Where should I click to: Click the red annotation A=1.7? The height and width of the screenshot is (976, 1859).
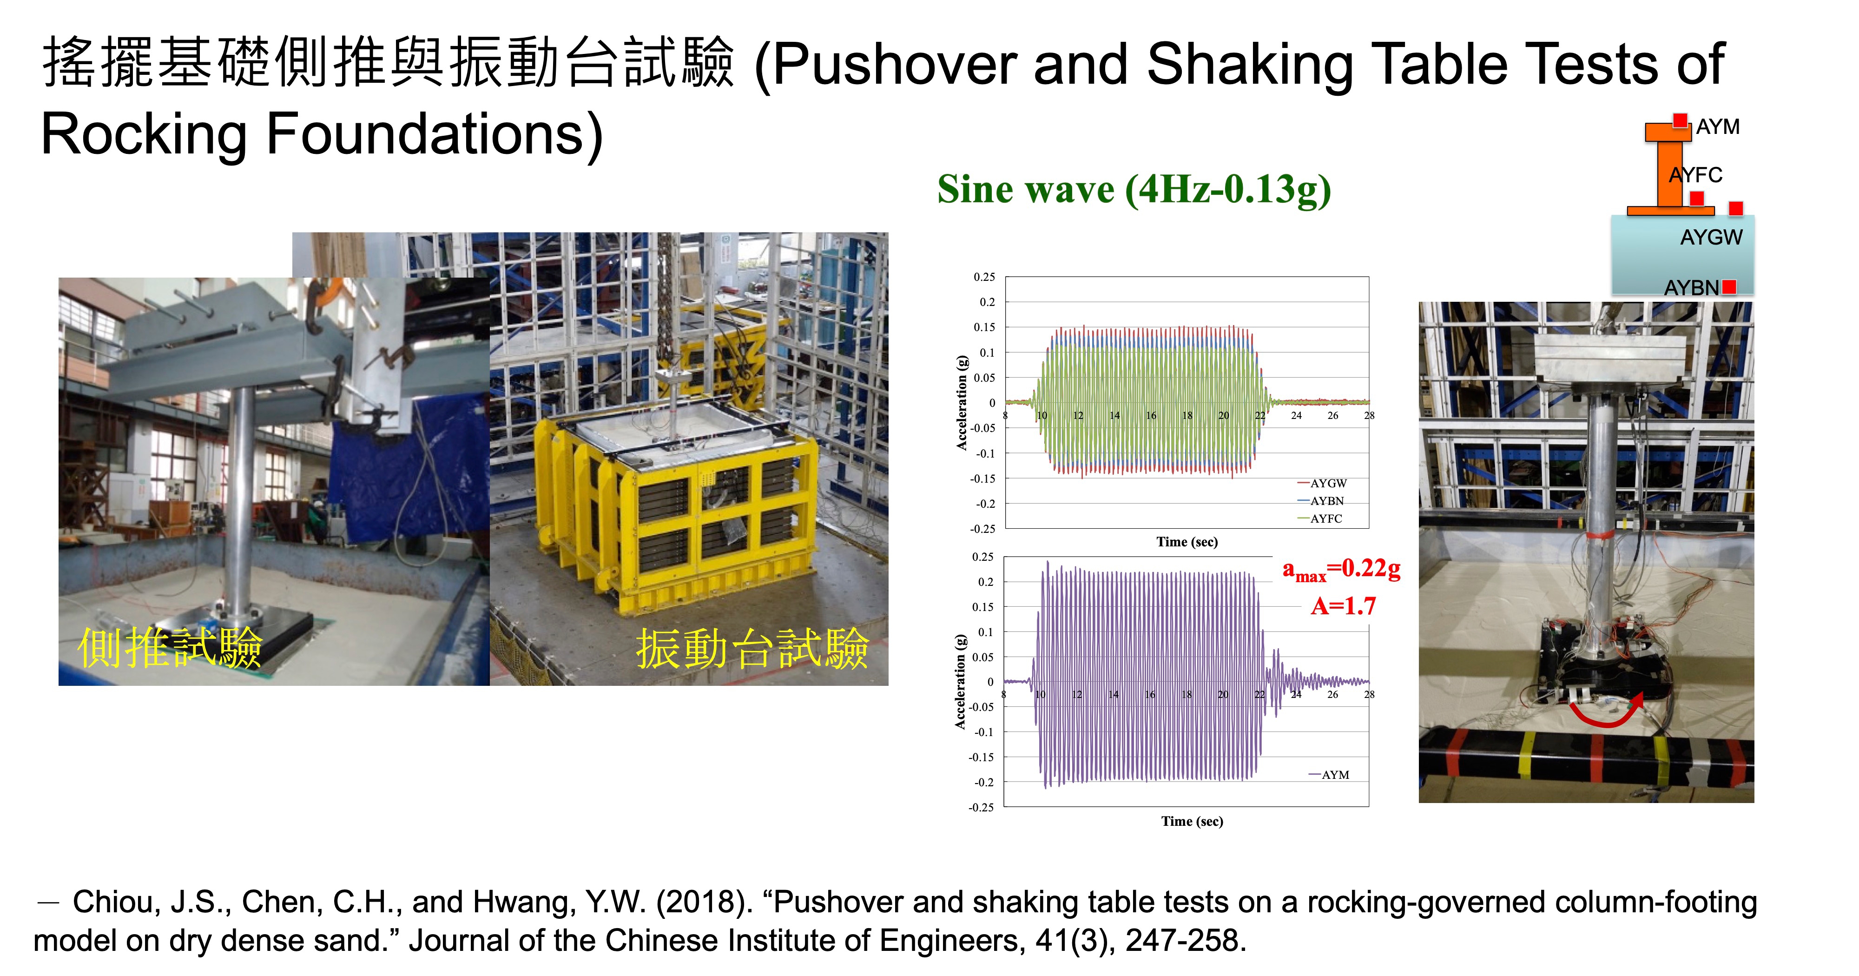pos(1343,606)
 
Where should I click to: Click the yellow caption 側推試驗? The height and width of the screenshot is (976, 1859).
pos(170,648)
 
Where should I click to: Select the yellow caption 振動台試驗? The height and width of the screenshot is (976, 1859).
pos(752,648)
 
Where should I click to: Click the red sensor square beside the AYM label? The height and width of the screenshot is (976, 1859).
pos(1680,120)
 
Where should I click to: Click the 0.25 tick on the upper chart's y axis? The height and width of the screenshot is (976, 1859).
pos(984,277)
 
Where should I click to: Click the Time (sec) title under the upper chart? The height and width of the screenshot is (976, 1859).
pos(1187,541)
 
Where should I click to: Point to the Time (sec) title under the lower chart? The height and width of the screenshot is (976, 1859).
pos(1192,821)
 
